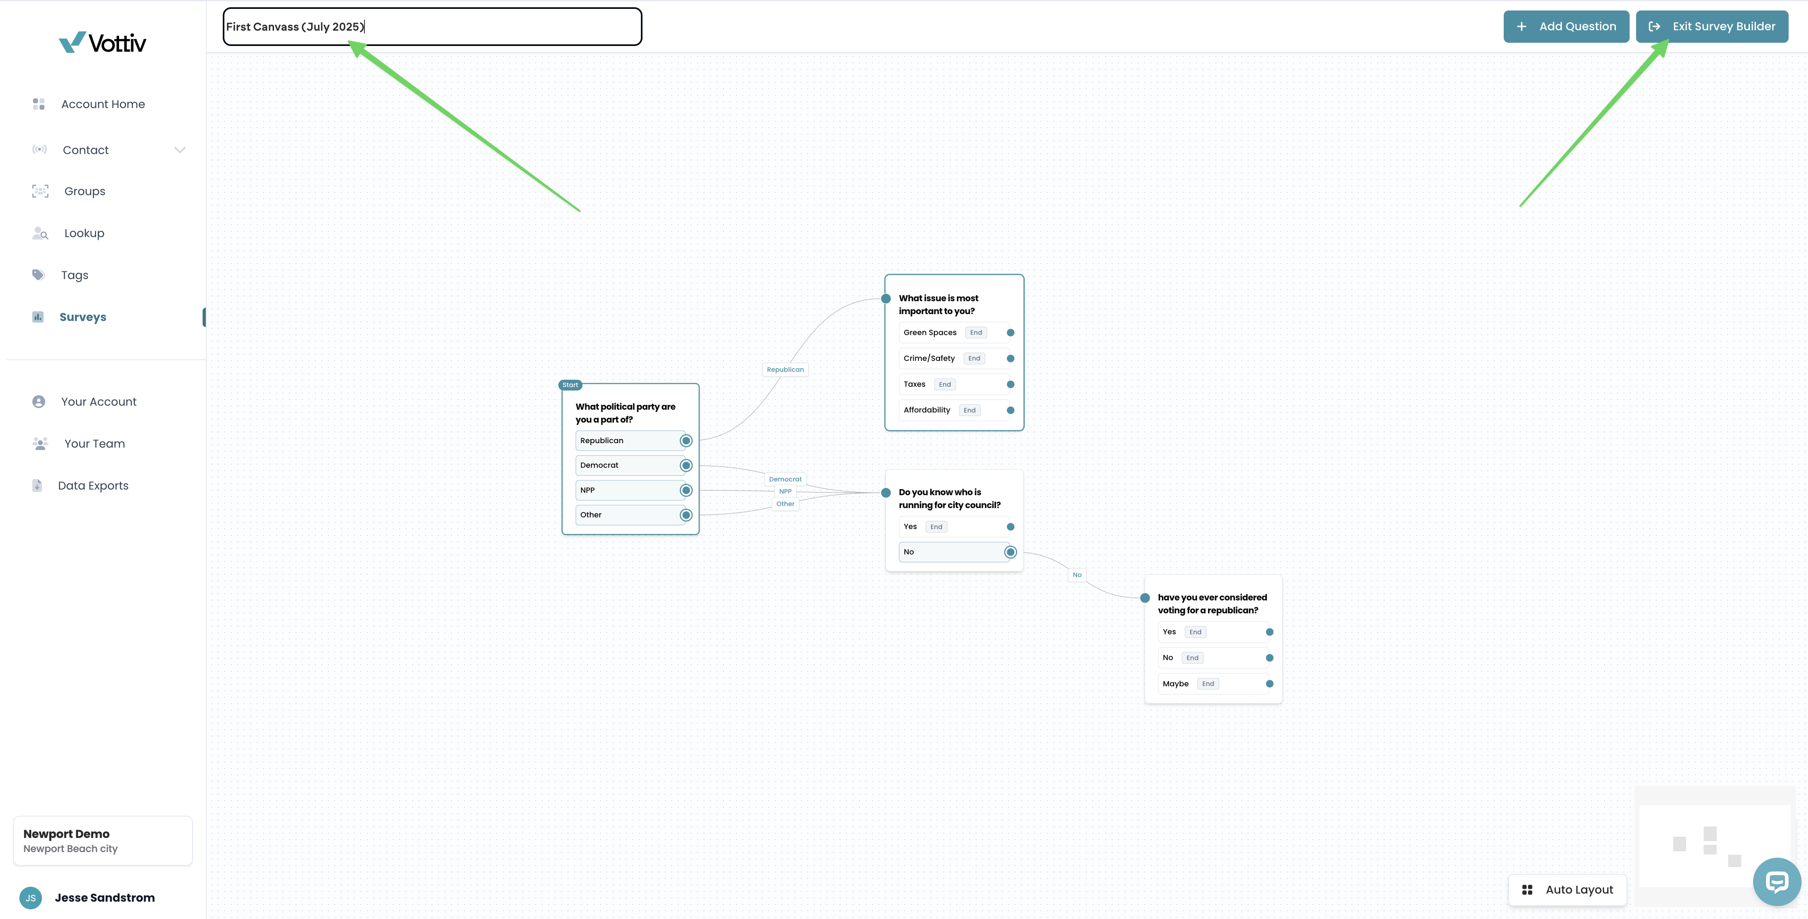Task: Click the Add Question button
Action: [x=1566, y=27]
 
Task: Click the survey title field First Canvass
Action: [x=432, y=27]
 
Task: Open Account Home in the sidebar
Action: [x=103, y=104]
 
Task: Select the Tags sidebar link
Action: [x=74, y=275]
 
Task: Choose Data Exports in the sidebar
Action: [x=93, y=486]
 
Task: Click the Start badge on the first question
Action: [x=570, y=384]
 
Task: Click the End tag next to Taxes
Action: [x=945, y=384]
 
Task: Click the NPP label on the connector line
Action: [x=785, y=491]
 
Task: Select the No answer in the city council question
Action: [x=953, y=552]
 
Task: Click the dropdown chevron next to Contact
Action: [x=180, y=150]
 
